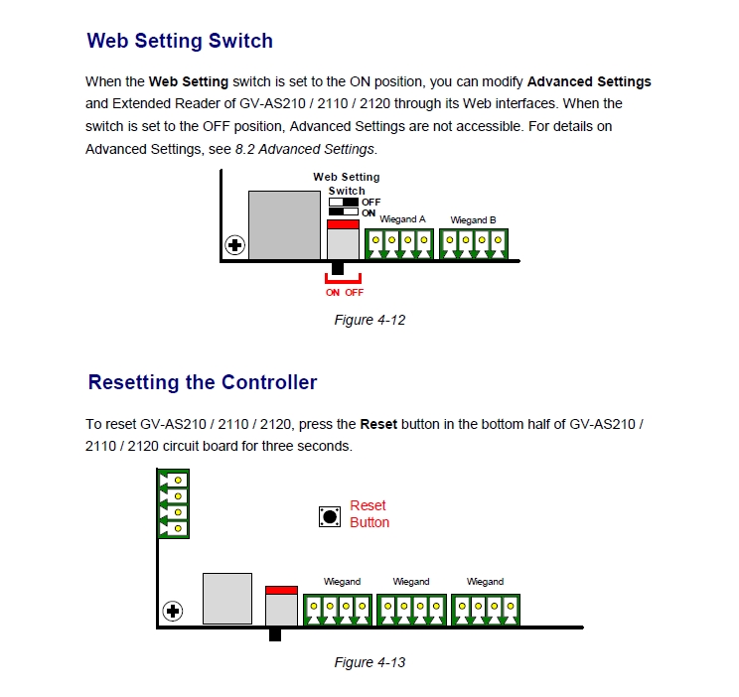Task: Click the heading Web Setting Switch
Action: click(180, 41)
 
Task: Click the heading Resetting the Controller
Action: click(203, 382)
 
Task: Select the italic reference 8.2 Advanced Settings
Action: click(305, 149)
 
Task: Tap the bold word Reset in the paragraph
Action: click(377, 424)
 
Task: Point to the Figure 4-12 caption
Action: click(369, 320)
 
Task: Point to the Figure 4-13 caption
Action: click(369, 662)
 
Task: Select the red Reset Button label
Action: click(369, 514)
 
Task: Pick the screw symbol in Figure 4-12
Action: click(234, 244)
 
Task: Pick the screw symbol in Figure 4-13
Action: click(173, 610)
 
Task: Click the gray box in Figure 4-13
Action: click(227, 599)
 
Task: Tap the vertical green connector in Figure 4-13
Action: click(174, 503)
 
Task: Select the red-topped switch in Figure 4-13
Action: click(281, 605)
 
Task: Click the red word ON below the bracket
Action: click(333, 293)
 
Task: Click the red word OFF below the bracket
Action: click(355, 293)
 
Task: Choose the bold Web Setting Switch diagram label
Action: click(347, 184)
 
